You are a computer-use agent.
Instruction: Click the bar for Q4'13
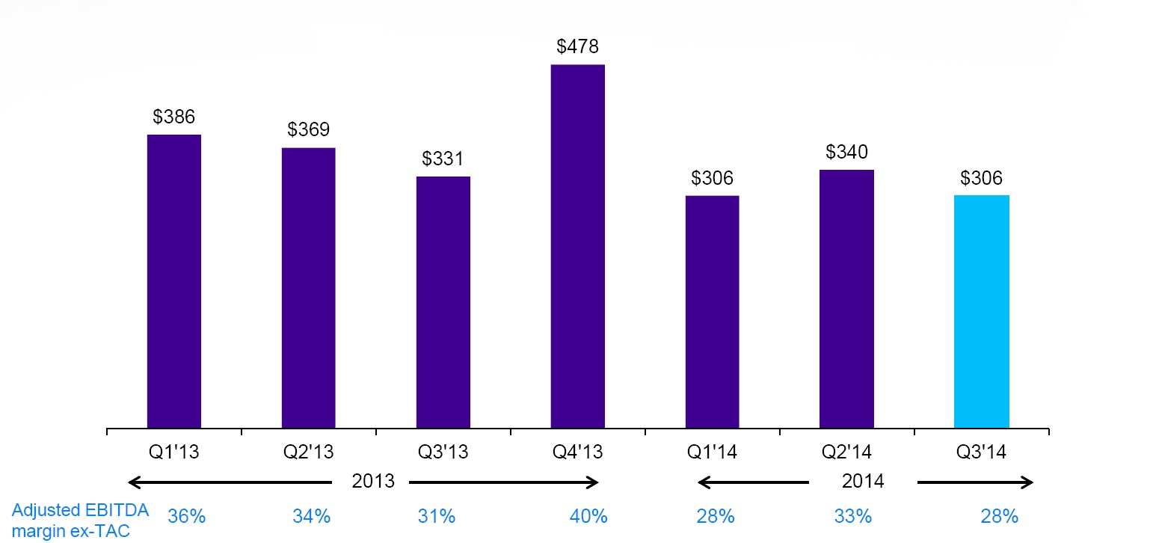click(577, 247)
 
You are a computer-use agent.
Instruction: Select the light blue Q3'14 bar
click(981, 312)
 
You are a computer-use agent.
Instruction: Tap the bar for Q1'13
click(173, 281)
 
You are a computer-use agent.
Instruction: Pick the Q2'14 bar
click(846, 299)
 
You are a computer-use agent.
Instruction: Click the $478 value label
click(577, 46)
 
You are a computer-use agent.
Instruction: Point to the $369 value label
click(308, 129)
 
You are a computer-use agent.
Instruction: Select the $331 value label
click(443, 159)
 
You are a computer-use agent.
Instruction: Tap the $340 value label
click(846, 152)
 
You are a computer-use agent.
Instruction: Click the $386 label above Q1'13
click(173, 117)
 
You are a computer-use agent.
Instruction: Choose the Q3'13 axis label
click(443, 452)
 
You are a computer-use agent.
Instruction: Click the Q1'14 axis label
click(712, 452)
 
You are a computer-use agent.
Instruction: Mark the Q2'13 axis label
click(308, 452)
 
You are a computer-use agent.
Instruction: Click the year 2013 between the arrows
click(372, 481)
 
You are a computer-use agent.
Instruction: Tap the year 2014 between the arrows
click(863, 481)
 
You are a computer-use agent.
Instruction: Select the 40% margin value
click(588, 517)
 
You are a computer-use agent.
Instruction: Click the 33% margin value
click(852, 517)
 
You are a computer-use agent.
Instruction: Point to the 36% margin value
click(186, 517)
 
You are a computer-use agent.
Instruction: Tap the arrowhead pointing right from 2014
click(1027, 483)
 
